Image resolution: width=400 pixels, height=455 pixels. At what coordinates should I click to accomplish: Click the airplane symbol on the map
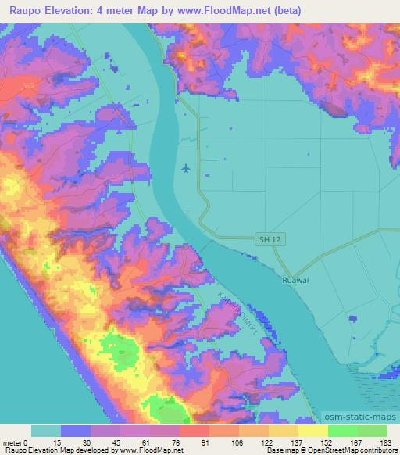point(185,167)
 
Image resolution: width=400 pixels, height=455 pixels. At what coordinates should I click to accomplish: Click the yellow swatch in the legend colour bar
point(312,431)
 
